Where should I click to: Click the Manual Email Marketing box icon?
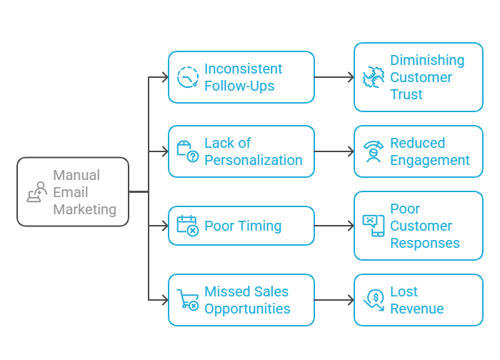click(x=37, y=192)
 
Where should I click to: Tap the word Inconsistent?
click(x=244, y=69)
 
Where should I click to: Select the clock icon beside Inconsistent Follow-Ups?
click(x=188, y=77)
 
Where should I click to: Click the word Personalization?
click(x=254, y=160)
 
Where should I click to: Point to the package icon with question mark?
click(x=188, y=151)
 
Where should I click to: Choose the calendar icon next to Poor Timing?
click(x=188, y=226)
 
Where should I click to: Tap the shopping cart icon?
click(x=188, y=300)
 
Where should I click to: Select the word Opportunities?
click(x=247, y=309)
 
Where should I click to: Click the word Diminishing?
click(x=427, y=60)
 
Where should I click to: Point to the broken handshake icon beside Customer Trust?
click(x=374, y=77)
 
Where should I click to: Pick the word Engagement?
click(x=430, y=160)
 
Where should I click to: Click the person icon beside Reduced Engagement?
click(x=374, y=151)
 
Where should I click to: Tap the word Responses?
click(x=425, y=243)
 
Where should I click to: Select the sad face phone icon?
click(x=374, y=226)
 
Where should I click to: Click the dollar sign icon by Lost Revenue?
click(x=374, y=300)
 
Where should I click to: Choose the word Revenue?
click(x=417, y=309)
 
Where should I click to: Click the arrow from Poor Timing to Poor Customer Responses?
click(x=334, y=226)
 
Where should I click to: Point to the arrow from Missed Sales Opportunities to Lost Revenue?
click(x=334, y=300)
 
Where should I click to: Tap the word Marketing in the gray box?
click(x=85, y=209)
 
